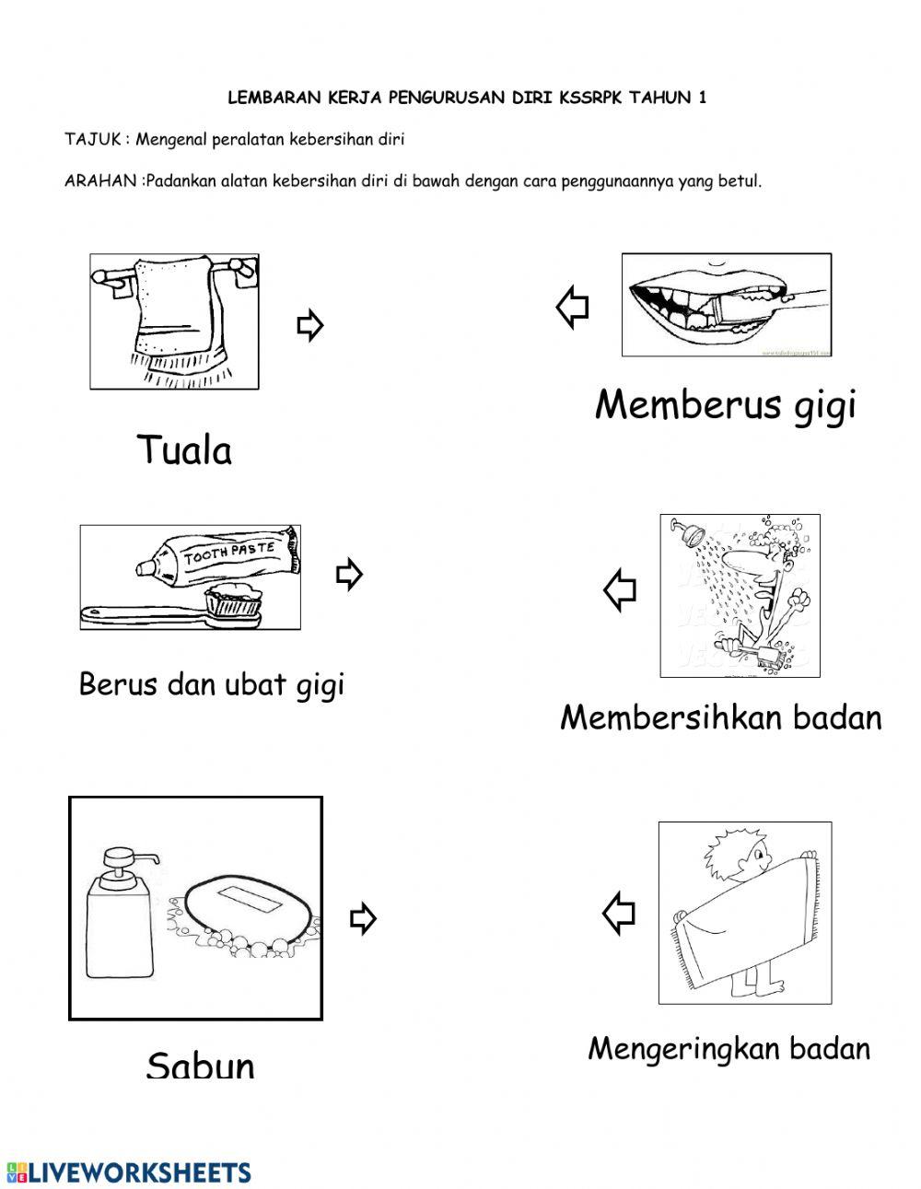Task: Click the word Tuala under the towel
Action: [184, 450]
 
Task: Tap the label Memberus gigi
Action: [726, 405]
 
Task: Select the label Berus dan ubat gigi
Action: [212, 685]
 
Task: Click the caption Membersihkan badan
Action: [720, 717]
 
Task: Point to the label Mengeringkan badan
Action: [729, 1048]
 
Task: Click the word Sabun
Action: [200, 1065]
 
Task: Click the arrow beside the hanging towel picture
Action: [309, 325]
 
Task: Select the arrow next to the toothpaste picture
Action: [349, 574]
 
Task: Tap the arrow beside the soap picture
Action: [364, 918]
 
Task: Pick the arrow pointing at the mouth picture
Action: [573, 307]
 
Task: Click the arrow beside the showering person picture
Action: [620, 589]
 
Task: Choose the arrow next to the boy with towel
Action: [619, 914]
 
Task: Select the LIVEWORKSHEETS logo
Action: [129, 1172]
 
